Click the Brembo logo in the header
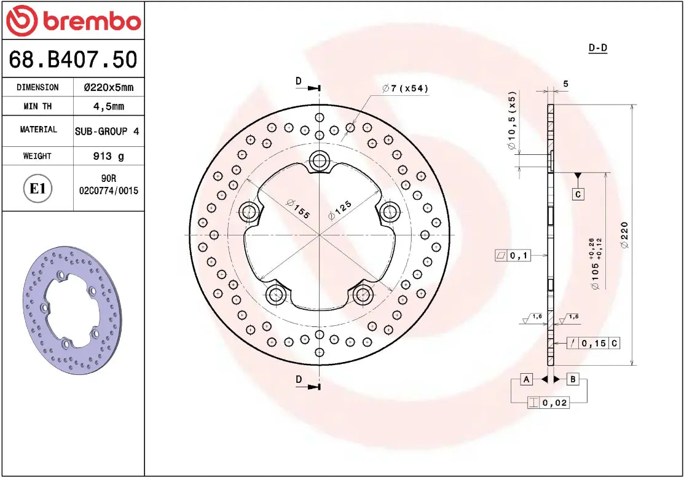click(73, 21)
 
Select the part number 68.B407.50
click(73, 60)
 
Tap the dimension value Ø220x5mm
click(108, 88)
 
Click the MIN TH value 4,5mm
click(108, 106)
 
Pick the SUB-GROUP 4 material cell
click(107, 131)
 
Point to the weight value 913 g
click(108, 156)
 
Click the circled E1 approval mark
click(38, 188)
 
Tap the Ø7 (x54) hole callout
click(405, 89)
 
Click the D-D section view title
click(597, 48)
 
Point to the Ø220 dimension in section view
click(624, 235)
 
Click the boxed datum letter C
click(578, 194)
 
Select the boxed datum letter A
click(526, 379)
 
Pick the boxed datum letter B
click(572, 379)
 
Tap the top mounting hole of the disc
click(319, 162)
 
